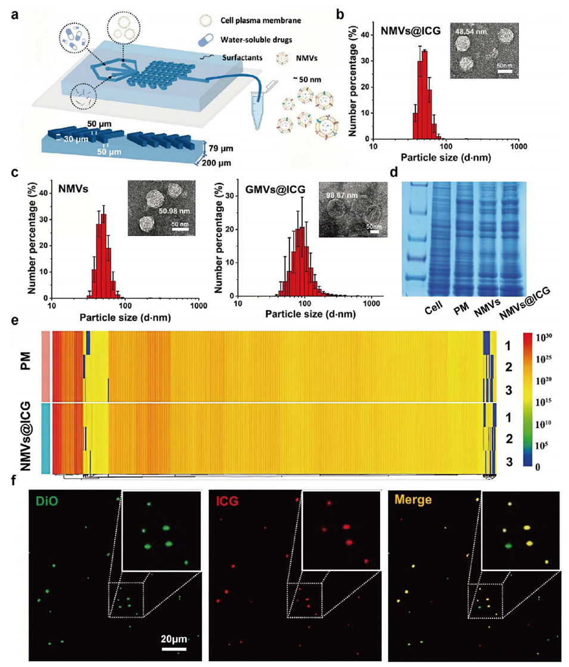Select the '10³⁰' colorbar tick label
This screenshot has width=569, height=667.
click(539, 338)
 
